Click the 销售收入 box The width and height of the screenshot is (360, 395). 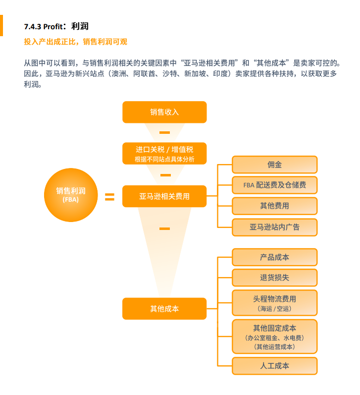164,112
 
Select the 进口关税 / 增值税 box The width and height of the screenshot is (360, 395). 164,154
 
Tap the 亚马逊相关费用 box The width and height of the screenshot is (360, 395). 164,196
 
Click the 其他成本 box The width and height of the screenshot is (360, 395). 164,309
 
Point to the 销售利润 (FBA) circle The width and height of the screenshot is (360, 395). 71,195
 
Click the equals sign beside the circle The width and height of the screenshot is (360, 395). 109,197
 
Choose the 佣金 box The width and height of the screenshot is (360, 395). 274,165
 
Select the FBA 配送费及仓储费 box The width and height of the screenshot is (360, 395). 274,185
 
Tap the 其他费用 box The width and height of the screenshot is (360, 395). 274,206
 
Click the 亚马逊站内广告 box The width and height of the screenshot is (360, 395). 274,227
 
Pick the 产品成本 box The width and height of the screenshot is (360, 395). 274,257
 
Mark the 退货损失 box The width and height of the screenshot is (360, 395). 274,278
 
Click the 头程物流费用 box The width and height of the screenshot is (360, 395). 274,303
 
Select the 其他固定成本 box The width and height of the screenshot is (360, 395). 274,337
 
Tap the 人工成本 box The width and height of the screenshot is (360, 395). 274,366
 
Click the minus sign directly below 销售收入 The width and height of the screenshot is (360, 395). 164,132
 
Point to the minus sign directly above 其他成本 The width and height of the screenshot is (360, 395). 164,229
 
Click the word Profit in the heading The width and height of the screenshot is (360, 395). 53,26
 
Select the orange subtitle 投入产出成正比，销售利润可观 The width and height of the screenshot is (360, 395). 76,42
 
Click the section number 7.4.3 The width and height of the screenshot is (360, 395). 33,27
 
